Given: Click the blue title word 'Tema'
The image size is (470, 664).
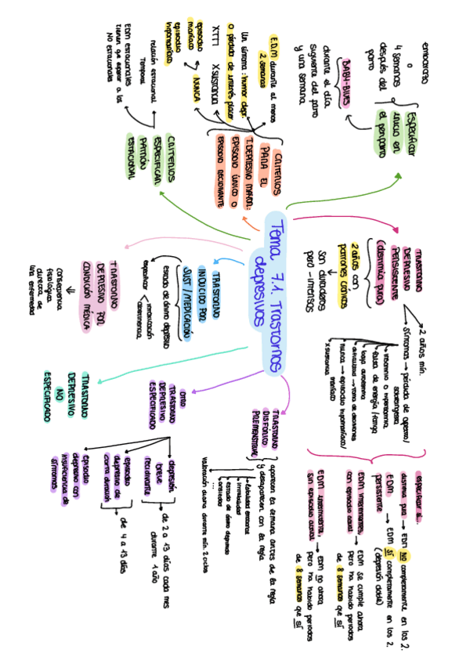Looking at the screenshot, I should click(277, 233).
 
